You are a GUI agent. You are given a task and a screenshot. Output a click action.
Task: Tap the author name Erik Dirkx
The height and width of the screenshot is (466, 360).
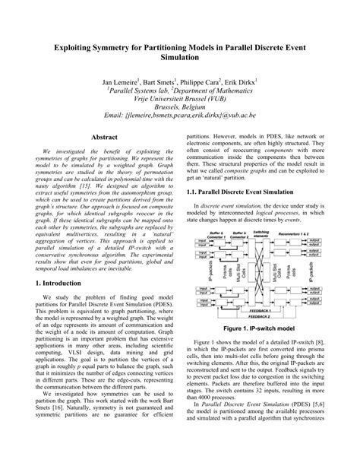point(237,80)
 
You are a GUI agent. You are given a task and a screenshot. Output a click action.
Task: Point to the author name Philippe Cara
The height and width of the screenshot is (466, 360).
point(195,80)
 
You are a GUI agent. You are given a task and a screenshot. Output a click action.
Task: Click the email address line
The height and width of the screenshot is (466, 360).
point(180,114)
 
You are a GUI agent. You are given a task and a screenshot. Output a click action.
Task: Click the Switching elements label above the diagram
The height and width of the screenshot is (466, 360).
point(261,234)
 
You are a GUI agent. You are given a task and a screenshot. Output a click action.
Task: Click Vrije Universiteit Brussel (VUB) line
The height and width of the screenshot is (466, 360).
point(179,97)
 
